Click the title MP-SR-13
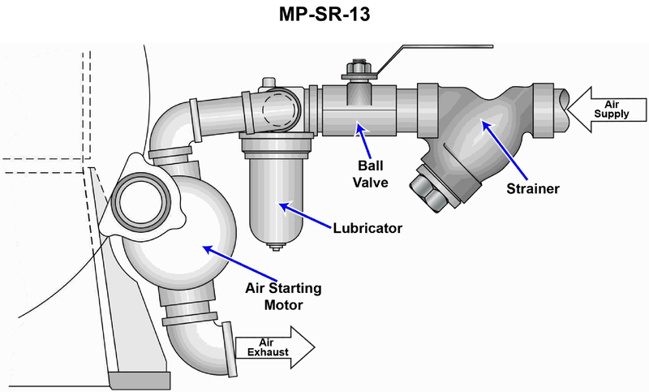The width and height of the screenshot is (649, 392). coord(324,16)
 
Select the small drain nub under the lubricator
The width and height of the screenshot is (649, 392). coord(277,247)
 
